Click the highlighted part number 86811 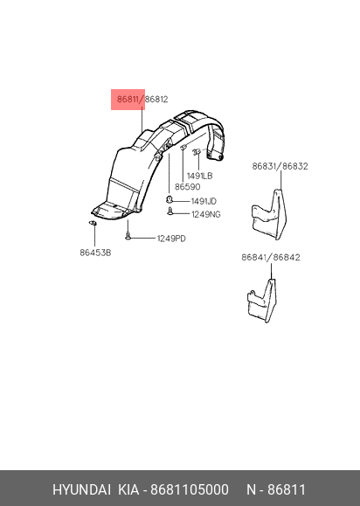(x=128, y=99)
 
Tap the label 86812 (x=156, y=99)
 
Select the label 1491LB (x=200, y=176)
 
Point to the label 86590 (x=187, y=187)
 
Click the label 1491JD (x=204, y=201)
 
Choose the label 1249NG (x=206, y=214)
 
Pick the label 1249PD (x=171, y=239)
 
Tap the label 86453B (x=95, y=253)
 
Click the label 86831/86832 (x=280, y=166)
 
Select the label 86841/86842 (x=271, y=257)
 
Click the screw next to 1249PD (x=128, y=236)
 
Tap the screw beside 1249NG (x=170, y=212)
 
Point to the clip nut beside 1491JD (x=169, y=200)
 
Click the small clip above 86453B (x=93, y=223)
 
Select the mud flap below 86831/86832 (x=269, y=215)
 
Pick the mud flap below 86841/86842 (x=262, y=301)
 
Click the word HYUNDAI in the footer (x=81, y=489)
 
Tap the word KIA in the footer (x=128, y=489)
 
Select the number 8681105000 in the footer (x=190, y=489)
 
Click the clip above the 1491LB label (x=197, y=152)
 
